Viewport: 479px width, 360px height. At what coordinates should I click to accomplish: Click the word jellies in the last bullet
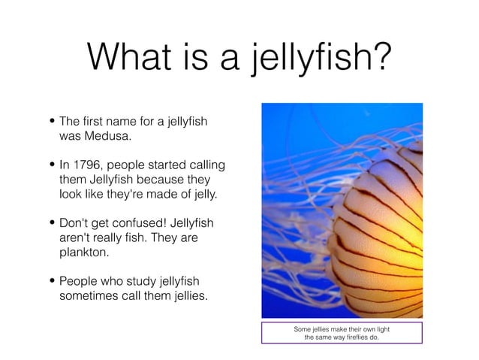(185, 296)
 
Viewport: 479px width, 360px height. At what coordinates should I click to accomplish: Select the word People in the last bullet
(79, 282)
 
